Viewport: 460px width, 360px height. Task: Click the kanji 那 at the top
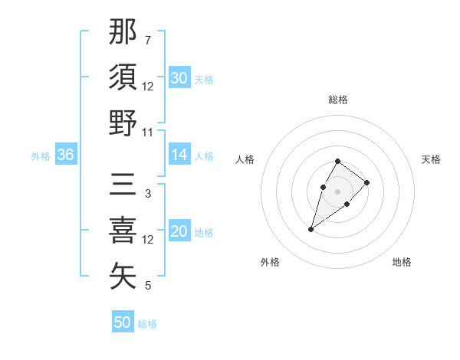[123, 31]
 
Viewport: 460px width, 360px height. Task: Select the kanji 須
[123, 77]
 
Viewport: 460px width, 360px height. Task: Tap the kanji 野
[123, 123]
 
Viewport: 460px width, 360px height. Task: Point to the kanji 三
[123, 185]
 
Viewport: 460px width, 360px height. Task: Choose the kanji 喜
[123, 231]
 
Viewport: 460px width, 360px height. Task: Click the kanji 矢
[123, 277]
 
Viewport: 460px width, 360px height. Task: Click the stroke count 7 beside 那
[147, 40]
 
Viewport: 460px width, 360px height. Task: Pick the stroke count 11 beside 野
[149, 132]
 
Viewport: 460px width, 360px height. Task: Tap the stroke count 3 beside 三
[147, 194]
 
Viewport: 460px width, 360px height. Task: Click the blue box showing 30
[179, 78]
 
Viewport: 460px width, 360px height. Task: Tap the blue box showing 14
[179, 155]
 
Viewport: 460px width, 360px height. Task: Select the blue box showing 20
[179, 232]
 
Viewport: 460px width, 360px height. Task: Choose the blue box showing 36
[65, 155]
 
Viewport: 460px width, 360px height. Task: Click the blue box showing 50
[123, 322]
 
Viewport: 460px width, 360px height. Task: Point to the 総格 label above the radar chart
[338, 100]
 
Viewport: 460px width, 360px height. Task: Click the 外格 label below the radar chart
[270, 262]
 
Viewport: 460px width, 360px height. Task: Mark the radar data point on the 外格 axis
[311, 229]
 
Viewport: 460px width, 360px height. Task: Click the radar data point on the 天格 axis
[367, 182]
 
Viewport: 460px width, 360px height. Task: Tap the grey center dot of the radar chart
[337, 191]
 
